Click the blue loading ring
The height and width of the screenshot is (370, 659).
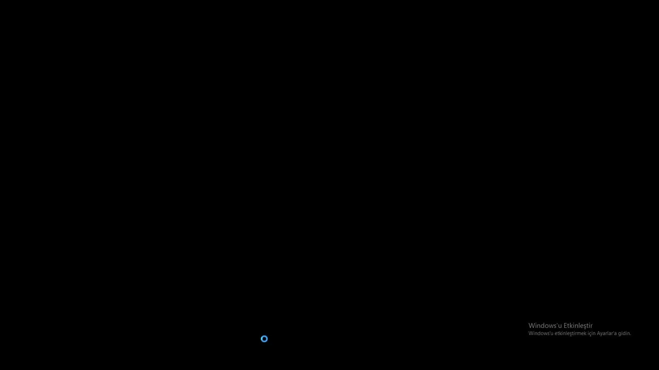pos(264,336)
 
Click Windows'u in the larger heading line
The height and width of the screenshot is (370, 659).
pos(545,325)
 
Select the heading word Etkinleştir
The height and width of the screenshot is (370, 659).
pos(578,326)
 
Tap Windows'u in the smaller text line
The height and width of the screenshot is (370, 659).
pos(541,334)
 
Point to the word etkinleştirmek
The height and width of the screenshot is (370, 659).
pos(571,334)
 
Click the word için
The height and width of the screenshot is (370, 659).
pos(592,334)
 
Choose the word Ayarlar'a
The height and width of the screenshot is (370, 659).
pos(606,334)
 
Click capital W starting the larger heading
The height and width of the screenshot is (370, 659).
pos(532,325)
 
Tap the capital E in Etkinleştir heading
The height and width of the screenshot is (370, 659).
pos(565,325)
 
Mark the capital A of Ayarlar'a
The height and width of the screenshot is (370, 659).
pos(599,334)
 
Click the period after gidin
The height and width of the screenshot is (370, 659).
pos(631,335)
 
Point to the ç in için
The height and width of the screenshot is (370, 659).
pos(591,334)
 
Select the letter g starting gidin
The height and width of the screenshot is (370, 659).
pos(619,334)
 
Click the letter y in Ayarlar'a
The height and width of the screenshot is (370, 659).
pos(602,334)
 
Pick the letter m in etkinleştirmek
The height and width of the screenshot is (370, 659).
pos(579,334)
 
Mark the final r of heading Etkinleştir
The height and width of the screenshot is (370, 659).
pos(592,326)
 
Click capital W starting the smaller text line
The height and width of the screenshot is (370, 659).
pos(531,334)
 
